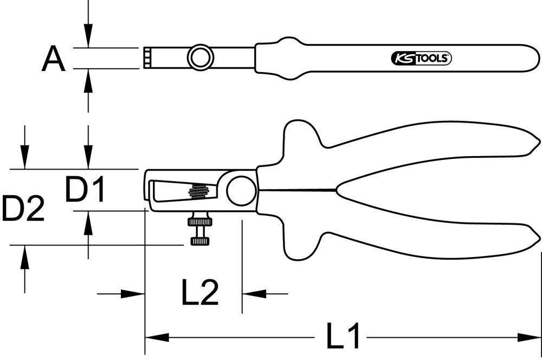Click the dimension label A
pos(54,59)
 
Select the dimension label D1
pos(85,190)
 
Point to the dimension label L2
pos(199,293)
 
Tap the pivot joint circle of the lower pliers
pos(241,189)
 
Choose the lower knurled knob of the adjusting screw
pos(200,241)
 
